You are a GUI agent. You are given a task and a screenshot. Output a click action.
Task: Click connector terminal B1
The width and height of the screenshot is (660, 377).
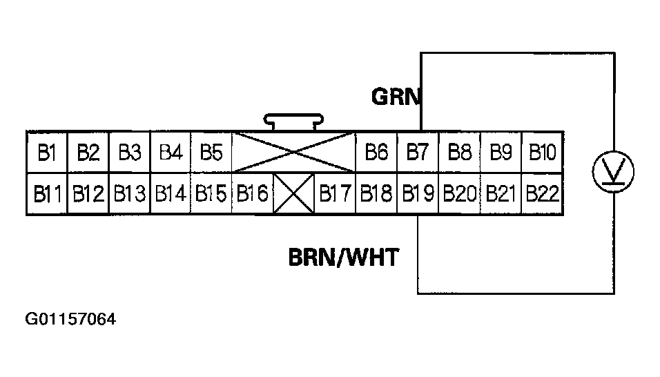coord(46,152)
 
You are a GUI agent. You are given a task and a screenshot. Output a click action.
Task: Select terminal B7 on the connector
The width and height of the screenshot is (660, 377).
coord(418,152)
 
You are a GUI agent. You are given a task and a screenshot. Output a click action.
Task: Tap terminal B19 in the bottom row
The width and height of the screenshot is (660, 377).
coord(418,194)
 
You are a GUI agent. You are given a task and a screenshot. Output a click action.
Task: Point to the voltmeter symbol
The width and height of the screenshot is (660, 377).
coord(614,170)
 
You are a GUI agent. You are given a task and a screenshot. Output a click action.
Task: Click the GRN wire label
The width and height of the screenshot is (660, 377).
coord(396,97)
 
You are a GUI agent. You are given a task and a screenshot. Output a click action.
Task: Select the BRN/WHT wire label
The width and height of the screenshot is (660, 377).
coord(343,258)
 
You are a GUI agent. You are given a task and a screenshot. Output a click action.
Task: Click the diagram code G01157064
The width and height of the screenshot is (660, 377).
coord(70,319)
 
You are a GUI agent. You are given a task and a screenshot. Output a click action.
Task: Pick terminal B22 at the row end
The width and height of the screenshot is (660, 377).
coord(542,194)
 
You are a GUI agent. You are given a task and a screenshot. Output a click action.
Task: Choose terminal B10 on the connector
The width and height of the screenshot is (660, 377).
coord(542,152)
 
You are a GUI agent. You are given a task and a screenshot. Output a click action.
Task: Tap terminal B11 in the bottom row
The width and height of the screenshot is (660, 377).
coord(46,194)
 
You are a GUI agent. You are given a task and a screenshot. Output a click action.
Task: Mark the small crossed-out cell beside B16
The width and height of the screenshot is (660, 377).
coord(294,194)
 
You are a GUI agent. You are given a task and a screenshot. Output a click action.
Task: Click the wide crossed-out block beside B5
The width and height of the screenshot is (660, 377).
coord(293,152)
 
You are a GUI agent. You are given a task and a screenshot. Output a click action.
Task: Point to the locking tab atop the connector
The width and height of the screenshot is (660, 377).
coord(293,122)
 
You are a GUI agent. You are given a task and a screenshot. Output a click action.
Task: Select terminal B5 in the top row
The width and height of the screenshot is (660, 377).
coord(211,152)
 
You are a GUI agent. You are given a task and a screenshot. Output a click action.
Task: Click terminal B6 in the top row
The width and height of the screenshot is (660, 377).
coord(376,152)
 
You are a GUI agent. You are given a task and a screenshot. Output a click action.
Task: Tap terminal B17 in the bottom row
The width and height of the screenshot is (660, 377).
coord(336,194)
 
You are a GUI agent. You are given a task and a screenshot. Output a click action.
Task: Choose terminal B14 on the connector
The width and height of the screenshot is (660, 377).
coord(170,194)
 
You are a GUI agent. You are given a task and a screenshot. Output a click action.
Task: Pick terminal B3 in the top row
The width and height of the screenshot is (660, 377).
coord(129,152)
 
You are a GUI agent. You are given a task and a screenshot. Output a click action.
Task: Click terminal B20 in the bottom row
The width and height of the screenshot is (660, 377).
coord(459,194)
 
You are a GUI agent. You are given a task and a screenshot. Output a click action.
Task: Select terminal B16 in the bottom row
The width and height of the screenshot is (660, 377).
coord(252,194)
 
